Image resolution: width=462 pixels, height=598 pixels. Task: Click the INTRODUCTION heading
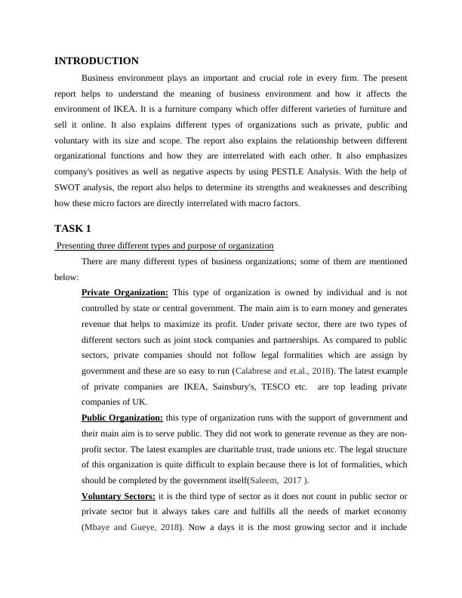tap(97, 61)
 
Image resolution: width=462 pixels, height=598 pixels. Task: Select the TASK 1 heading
tap(73, 228)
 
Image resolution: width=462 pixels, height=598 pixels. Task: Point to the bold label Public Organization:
tap(122, 418)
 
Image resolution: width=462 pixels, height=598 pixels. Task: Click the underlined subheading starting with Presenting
tap(165, 245)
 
